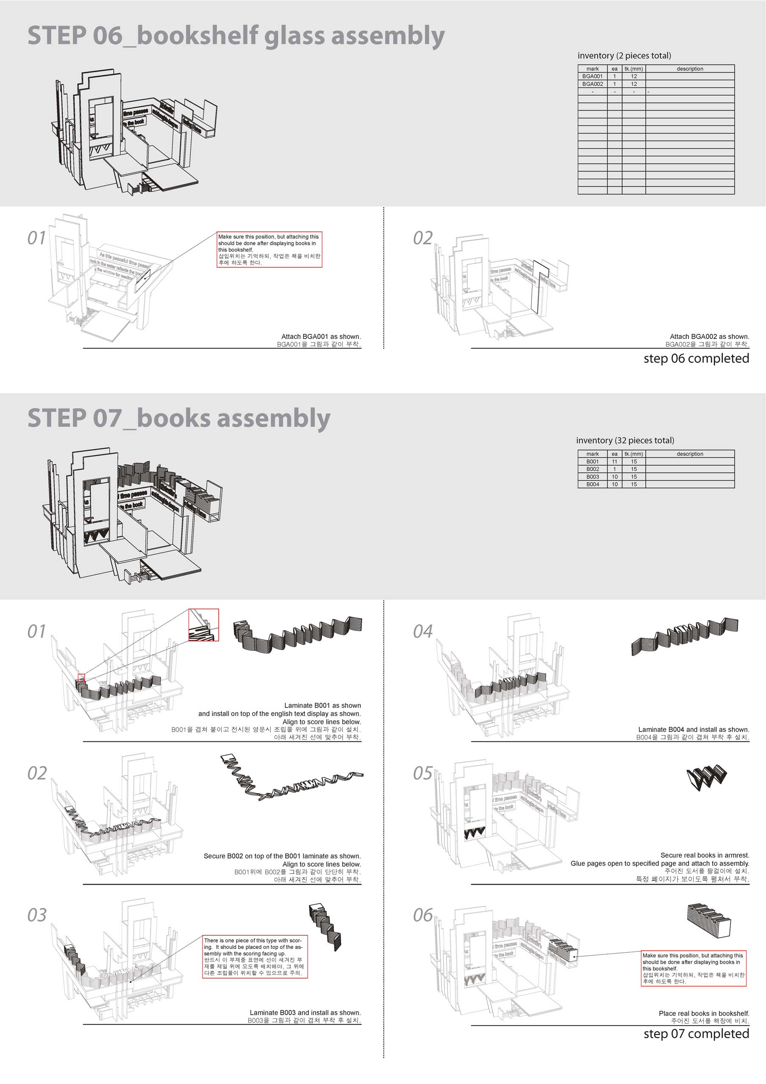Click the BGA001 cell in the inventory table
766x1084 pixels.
(x=592, y=76)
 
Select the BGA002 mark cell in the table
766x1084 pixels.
(x=592, y=83)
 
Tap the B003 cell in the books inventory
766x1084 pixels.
(x=592, y=476)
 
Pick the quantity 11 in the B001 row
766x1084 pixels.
(x=614, y=461)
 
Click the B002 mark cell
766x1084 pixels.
(x=592, y=469)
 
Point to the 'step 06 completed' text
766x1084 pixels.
(x=696, y=358)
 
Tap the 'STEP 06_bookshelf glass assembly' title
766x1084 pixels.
(x=236, y=36)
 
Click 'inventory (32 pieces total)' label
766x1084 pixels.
(x=625, y=440)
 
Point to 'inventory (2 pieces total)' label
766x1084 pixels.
(x=624, y=55)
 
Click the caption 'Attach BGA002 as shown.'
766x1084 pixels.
(x=709, y=337)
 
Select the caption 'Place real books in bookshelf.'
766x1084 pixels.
(x=704, y=1013)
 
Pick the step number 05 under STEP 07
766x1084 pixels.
(x=423, y=773)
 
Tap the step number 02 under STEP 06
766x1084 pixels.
(x=423, y=238)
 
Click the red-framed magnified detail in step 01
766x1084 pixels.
(x=203, y=625)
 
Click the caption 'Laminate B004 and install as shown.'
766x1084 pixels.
(x=693, y=730)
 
